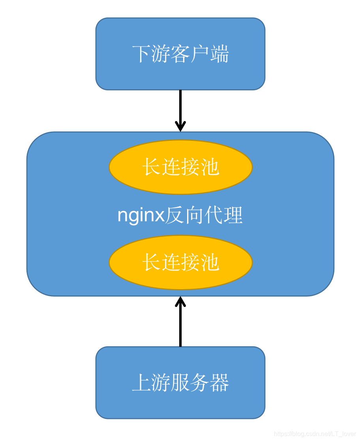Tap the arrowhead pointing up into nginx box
tap(180, 302)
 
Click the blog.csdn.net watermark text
tap(315, 434)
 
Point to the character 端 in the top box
tap(219, 54)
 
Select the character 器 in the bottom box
tap(219, 383)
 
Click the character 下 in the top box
tap(141, 54)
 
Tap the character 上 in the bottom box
tap(141, 383)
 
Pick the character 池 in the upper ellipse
tap(210, 167)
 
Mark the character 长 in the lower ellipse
tap(152, 262)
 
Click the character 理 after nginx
tap(233, 216)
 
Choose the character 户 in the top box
tap(200, 54)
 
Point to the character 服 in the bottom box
tap(180, 383)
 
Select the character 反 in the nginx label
tap(174, 216)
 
